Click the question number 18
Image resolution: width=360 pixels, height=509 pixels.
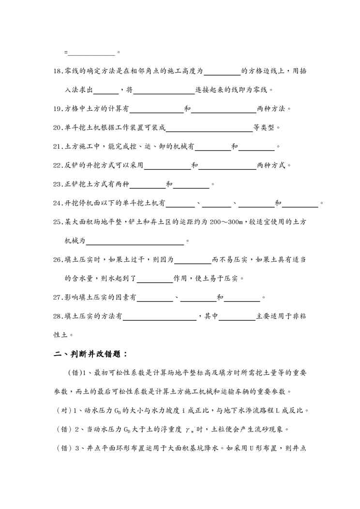[58, 71]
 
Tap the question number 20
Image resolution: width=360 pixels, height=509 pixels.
[58, 128]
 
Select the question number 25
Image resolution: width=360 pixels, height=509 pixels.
[58, 222]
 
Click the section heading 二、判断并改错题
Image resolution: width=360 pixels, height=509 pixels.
[90, 354]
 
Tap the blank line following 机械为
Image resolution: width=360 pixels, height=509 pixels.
[134, 240]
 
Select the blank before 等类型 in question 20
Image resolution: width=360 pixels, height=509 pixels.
[209, 128]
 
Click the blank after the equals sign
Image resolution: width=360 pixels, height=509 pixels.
[92, 52]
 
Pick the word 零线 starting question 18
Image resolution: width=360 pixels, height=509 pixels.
[72, 71]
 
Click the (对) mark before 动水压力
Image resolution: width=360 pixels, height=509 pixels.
[64, 410]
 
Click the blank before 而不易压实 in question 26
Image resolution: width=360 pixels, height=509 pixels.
[192, 259]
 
